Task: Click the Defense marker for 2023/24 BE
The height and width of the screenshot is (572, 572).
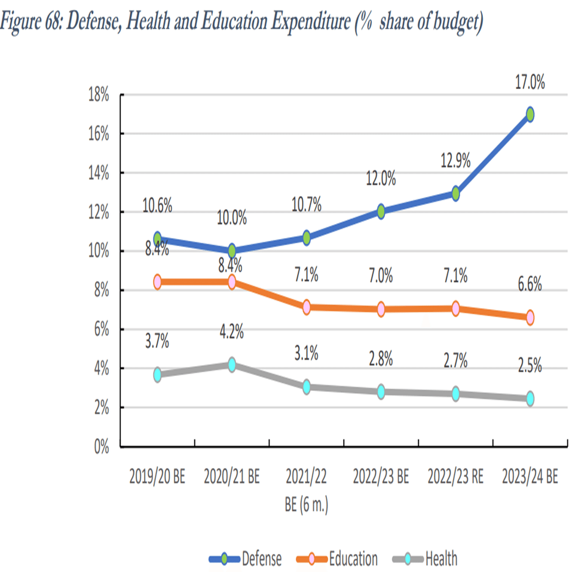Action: tap(530, 114)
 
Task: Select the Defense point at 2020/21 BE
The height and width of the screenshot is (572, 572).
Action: tap(232, 250)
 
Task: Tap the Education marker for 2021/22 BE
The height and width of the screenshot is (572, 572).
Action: tap(307, 307)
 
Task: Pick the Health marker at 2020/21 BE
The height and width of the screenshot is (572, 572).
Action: tap(232, 365)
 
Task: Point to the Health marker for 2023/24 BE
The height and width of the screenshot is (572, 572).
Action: tap(530, 398)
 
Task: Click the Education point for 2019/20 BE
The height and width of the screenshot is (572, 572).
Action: tap(158, 282)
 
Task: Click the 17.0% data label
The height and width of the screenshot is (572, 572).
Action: tap(530, 83)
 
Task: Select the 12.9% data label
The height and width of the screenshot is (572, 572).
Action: tap(455, 161)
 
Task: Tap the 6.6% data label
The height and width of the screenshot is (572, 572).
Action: tap(530, 285)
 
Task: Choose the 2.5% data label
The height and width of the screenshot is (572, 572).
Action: tap(530, 365)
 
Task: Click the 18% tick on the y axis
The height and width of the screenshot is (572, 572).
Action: tap(97, 95)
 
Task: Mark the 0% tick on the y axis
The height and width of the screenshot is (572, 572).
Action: tap(99, 446)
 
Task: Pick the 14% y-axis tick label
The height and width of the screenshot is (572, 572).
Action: tap(97, 173)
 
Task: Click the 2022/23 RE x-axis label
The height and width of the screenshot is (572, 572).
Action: tap(455, 478)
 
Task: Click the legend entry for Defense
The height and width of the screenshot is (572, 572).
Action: tap(261, 559)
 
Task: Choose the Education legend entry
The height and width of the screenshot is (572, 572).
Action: tap(353, 559)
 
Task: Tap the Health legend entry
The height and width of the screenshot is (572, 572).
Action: tap(441, 559)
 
